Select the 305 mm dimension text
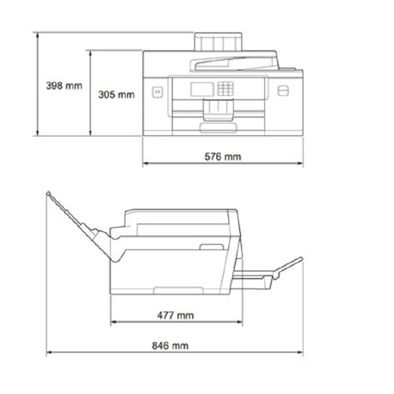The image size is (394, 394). coord(116,95)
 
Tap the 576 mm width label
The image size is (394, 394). coord(223,156)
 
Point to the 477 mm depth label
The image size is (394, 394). coord(175,315)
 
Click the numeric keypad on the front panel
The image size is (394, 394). coord(226,88)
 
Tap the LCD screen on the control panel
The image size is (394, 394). coord(202,89)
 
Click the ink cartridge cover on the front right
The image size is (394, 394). coord(283,91)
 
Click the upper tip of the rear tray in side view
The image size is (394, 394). coord(49,194)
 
